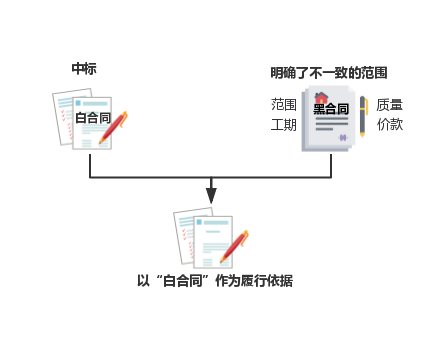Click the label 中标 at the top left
[84, 68]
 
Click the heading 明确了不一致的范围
[328, 73]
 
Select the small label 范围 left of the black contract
[284, 104]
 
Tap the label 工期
[284, 124]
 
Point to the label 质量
[390, 104]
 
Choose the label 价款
[390, 124]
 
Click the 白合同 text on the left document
[93, 118]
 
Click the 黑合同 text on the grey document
[331, 109]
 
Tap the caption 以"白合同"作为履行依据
[215, 281]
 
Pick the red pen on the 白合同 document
[113, 126]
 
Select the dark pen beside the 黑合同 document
[363, 116]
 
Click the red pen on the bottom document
[234, 245]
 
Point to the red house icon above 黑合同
[321, 98]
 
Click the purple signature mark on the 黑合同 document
[343, 137]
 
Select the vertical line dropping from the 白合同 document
[90, 165]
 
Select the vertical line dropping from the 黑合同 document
[331, 165]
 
